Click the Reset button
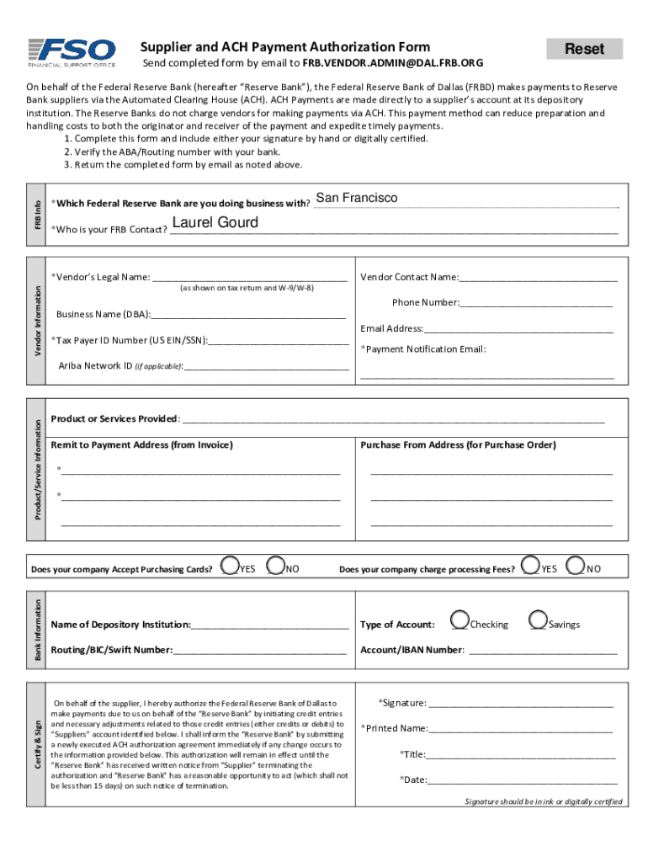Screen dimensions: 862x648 coord(584,49)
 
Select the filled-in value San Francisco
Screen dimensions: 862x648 coord(356,199)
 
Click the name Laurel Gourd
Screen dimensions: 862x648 coord(215,223)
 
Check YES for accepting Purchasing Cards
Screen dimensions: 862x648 coord(229,566)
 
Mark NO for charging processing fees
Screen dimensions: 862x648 coord(576,566)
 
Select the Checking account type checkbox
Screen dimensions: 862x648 coord(459,620)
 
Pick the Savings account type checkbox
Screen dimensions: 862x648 coord(539,620)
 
